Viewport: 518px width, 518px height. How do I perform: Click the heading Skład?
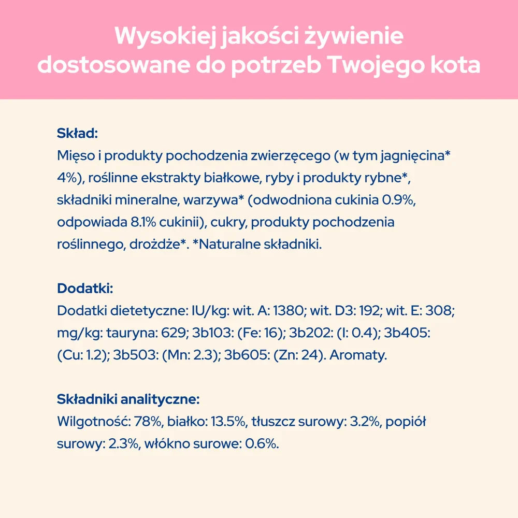77,134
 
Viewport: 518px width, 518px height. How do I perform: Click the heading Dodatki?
85,288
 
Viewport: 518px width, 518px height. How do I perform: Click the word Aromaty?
358,355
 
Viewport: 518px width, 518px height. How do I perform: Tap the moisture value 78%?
147,422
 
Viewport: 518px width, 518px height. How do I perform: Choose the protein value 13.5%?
228,422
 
